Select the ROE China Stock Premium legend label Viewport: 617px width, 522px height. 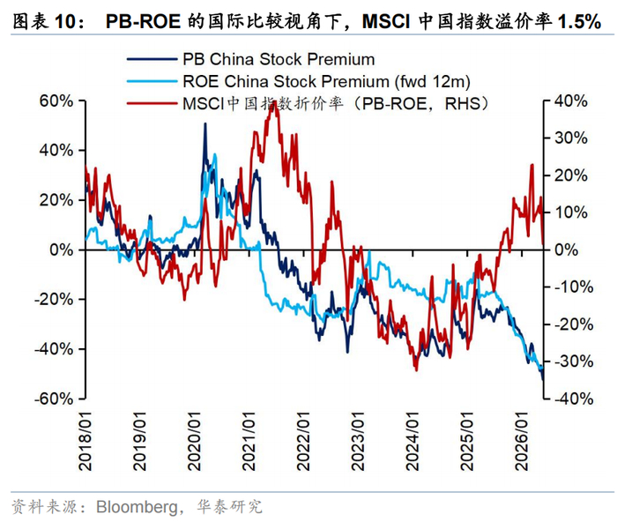point(327,82)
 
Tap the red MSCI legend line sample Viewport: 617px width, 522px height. point(152,104)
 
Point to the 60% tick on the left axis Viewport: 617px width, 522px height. point(56,101)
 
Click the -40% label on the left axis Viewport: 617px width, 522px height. point(54,349)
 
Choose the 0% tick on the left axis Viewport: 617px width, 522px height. point(62,250)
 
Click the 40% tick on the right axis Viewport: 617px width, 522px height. point(571,101)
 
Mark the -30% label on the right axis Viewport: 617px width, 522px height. point(574,362)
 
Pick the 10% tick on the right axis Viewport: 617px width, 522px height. point(571,213)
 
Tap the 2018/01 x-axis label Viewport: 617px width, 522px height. point(85,441)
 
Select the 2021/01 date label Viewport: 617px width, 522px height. point(249,441)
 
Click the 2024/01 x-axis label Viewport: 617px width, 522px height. point(413,441)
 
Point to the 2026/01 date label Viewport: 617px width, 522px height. point(522,441)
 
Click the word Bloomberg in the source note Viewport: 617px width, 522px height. point(138,507)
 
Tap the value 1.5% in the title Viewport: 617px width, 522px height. point(579,21)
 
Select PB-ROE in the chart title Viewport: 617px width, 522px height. point(143,21)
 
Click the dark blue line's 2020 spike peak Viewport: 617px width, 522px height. point(205,123)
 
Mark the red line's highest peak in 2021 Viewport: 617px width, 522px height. point(273,103)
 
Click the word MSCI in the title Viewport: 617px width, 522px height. point(386,21)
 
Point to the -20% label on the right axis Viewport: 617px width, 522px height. point(574,324)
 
